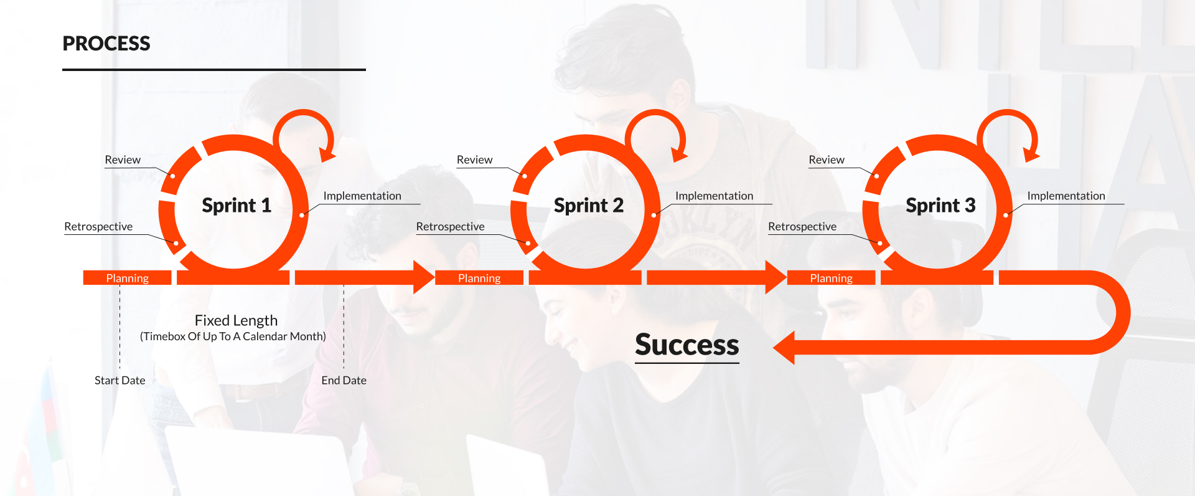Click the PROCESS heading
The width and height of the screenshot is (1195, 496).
106,44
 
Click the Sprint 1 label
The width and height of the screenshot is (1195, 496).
237,205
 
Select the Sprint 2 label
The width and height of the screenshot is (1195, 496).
588,205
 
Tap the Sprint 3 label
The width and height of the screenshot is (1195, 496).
940,205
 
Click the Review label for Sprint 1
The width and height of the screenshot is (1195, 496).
123,160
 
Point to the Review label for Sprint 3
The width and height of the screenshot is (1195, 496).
827,160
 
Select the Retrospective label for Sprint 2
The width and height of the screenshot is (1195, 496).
450,226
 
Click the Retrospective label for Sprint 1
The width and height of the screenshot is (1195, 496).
98,226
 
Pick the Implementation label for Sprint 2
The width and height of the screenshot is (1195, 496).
714,196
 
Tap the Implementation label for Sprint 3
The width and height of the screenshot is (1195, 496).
1066,196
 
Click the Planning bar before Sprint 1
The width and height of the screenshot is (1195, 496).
127,278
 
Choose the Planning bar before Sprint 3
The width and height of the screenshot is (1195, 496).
831,278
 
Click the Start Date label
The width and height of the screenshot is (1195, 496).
119,380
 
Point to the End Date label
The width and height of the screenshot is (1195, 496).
344,380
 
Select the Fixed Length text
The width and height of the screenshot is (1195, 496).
236,320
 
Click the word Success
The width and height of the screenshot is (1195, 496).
687,345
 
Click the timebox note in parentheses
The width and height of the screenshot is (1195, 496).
233,336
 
